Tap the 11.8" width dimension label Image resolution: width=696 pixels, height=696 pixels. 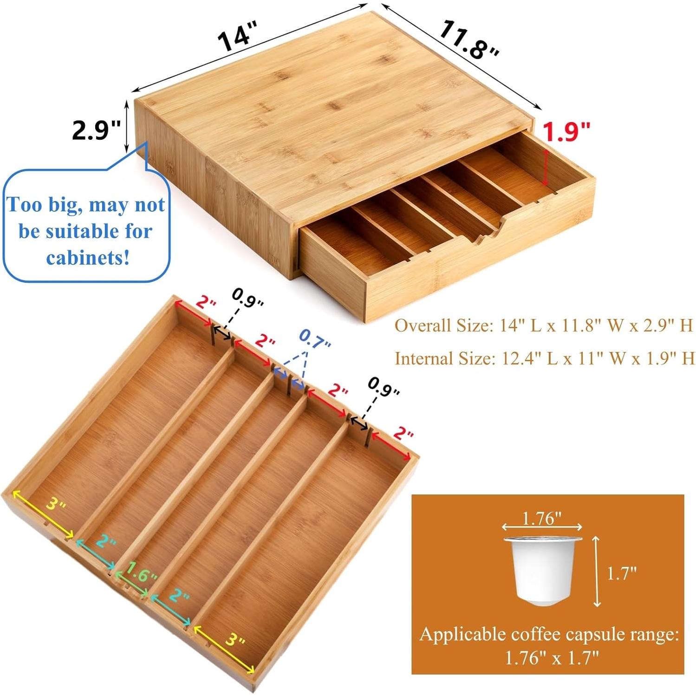pyautogui.click(x=469, y=39)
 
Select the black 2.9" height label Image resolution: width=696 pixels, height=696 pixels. pyautogui.click(x=96, y=130)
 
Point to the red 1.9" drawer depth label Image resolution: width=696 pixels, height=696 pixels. pyautogui.click(x=566, y=132)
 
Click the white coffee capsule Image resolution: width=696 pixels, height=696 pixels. pyautogui.click(x=542, y=570)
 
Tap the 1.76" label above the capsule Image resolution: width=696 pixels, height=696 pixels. pyautogui.click(x=542, y=518)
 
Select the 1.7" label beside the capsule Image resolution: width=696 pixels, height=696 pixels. pyautogui.click(x=621, y=573)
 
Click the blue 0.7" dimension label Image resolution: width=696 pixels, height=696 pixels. pyautogui.click(x=315, y=339)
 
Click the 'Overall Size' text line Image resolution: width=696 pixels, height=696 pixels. pyautogui.click(x=543, y=325)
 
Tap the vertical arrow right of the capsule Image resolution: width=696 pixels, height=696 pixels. pyautogui.click(x=597, y=571)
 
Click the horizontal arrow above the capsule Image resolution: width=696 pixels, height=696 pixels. pyautogui.click(x=542, y=527)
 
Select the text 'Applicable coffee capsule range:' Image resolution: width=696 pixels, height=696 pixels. pyautogui.click(x=549, y=634)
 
